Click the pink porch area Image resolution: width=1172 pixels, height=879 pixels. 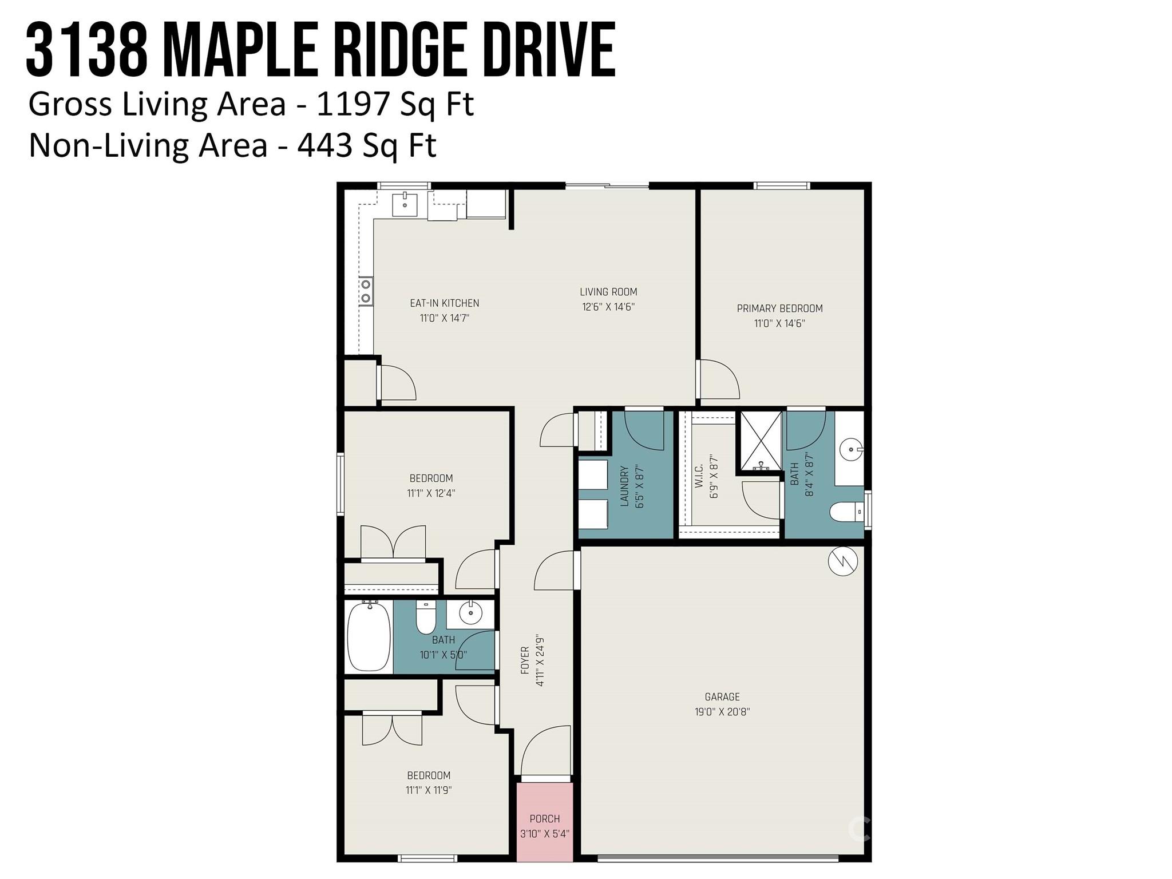(544, 821)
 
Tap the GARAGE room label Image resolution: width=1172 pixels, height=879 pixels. (722, 697)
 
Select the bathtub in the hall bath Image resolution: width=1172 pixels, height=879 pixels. (369, 636)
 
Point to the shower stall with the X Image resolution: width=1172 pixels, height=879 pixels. (761, 441)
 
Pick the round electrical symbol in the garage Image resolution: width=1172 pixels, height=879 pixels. (843, 561)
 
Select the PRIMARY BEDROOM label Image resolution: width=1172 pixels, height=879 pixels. (779, 308)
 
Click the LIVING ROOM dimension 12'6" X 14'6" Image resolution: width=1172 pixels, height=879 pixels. (608, 307)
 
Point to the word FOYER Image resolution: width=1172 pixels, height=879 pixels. (525, 660)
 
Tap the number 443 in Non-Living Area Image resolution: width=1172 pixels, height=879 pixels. (324, 145)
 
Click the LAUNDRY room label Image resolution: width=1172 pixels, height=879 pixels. (624, 486)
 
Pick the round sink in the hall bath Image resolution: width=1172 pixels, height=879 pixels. (470, 614)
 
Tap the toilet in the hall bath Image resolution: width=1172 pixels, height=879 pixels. (426, 617)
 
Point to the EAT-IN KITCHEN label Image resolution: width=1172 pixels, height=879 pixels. (445, 303)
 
